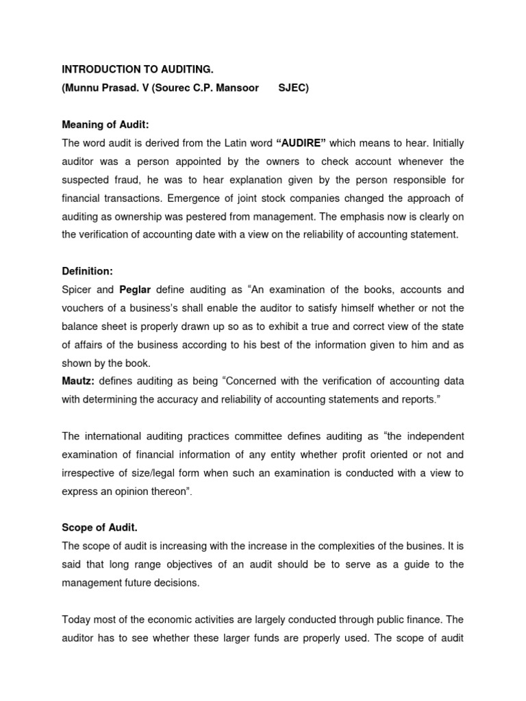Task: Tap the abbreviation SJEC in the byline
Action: coord(292,89)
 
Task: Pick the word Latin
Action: coord(240,142)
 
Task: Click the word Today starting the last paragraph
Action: coord(77,620)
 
